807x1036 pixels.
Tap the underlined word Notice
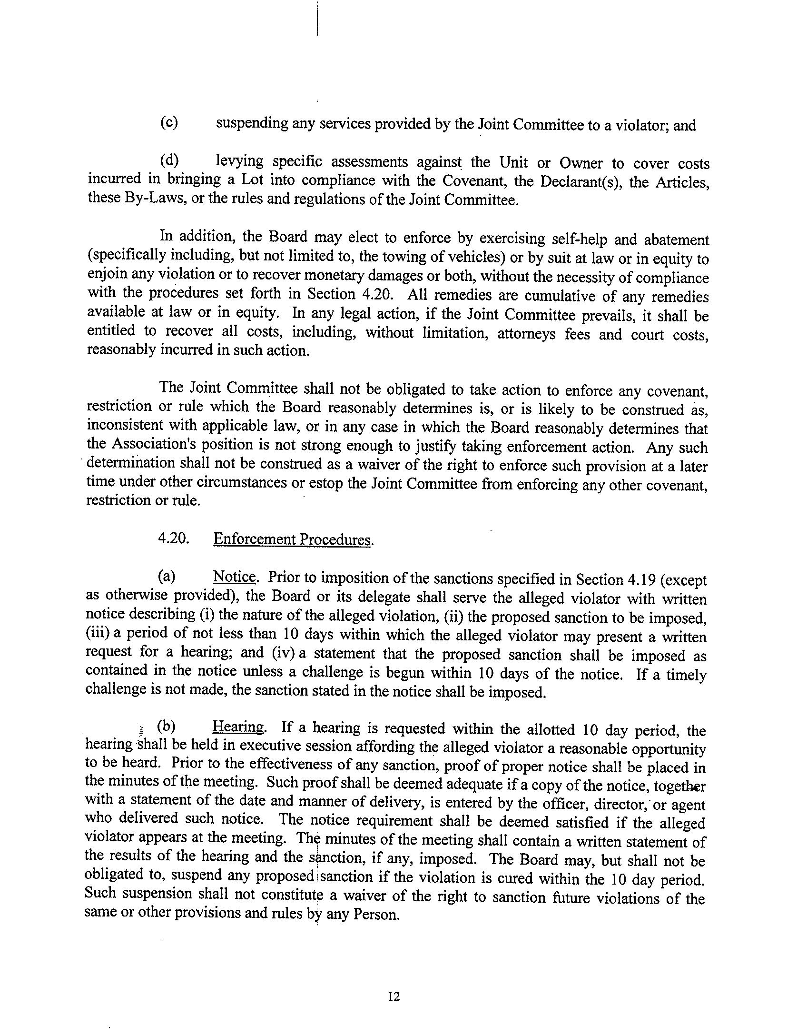point(235,577)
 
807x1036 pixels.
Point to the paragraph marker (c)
point(169,123)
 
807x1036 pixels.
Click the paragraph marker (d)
point(169,160)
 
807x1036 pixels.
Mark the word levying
point(239,161)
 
